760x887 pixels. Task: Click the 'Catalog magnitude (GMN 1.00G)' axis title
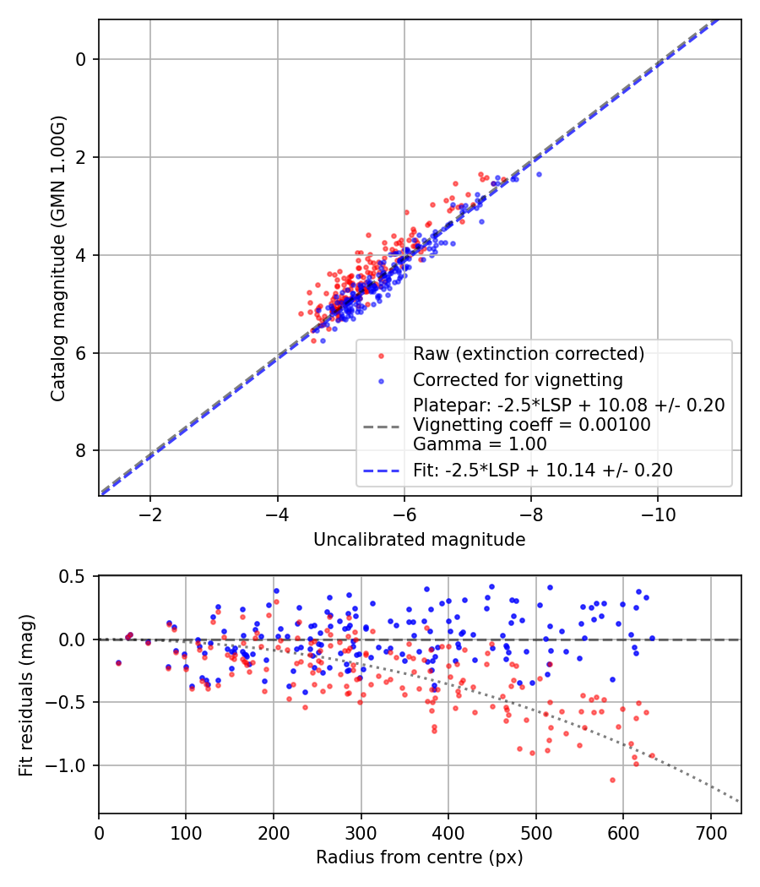pos(58,259)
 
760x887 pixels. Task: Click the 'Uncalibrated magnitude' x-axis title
pos(420,540)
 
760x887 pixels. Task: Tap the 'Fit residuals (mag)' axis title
pos(26,695)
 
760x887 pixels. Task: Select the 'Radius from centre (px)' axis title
pos(420,857)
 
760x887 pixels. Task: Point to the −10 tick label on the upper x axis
pos(657,515)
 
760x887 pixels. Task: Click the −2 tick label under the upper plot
pos(149,515)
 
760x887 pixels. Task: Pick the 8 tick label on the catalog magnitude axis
pos(81,451)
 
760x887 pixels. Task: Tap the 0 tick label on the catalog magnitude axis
pos(81,59)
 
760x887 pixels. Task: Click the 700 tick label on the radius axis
pos(710,833)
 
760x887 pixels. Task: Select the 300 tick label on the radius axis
pos(361,833)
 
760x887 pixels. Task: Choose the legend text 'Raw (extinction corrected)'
pos(529,354)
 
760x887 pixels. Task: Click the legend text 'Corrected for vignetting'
pos(518,379)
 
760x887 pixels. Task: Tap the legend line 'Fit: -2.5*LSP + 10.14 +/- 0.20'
pos(381,471)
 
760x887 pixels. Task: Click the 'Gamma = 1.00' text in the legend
pos(480,444)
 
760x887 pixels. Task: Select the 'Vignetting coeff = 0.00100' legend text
pos(532,424)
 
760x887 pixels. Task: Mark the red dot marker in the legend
pos(381,356)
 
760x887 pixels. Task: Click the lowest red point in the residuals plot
pos(612,780)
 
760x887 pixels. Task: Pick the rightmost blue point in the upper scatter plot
pos(539,174)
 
